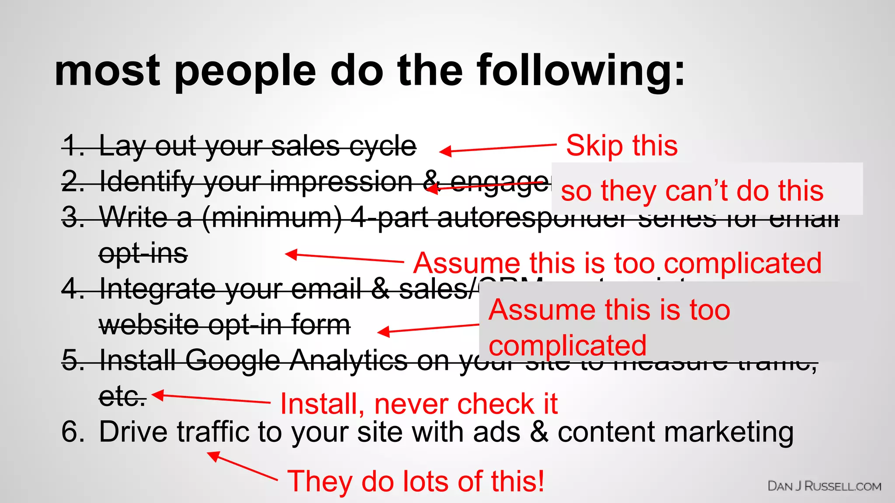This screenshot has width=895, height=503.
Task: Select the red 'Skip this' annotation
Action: pyautogui.click(x=621, y=145)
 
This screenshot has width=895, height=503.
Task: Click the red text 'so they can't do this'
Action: pyautogui.click(x=692, y=191)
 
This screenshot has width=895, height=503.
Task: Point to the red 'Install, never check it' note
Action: pyautogui.click(x=418, y=403)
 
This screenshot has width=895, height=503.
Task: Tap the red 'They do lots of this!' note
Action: pyautogui.click(x=416, y=481)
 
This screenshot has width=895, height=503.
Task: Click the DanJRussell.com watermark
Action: pyautogui.click(x=824, y=486)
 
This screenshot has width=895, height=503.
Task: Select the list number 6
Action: pyautogui.click(x=72, y=432)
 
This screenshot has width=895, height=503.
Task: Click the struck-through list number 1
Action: pyautogui.click(x=72, y=146)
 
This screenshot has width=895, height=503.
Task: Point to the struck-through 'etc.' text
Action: pyautogui.click(x=122, y=396)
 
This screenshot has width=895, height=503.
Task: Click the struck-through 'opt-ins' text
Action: pyautogui.click(x=143, y=254)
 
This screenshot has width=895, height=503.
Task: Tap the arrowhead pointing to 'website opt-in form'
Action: pyautogui.click(x=383, y=332)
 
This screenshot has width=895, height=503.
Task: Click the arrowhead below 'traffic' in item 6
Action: pyautogui.click(x=213, y=456)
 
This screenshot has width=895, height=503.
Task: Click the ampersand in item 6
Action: pyautogui.click(x=539, y=432)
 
